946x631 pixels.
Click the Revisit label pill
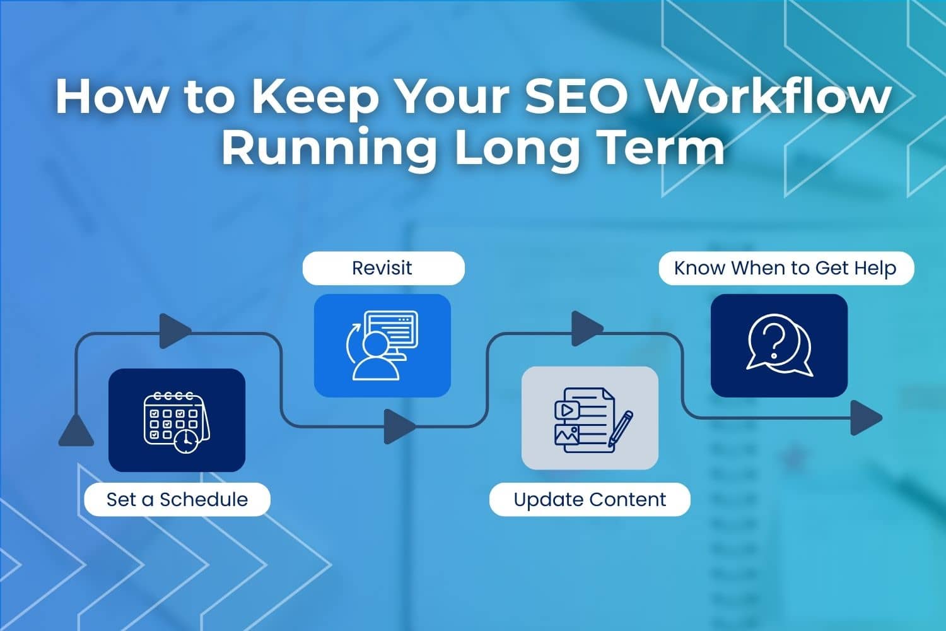pyautogui.click(x=383, y=268)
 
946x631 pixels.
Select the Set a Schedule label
pyautogui.click(x=177, y=500)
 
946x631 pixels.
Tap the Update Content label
pyautogui.click(x=590, y=500)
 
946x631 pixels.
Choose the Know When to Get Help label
pyautogui.click(x=786, y=268)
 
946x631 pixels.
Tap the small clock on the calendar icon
pyautogui.click(x=185, y=441)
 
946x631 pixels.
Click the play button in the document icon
pyautogui.click(x=566, y=410)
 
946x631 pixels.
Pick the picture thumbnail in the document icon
pyautogui.click(x=566, y=434)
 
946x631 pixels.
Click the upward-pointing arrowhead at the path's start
pyautogui.click(x=76, y=431)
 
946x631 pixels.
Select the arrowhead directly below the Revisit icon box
pyautogui.click(x=399, y=427)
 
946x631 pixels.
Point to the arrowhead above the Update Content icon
pyautogui.click(x=586, y=329)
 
